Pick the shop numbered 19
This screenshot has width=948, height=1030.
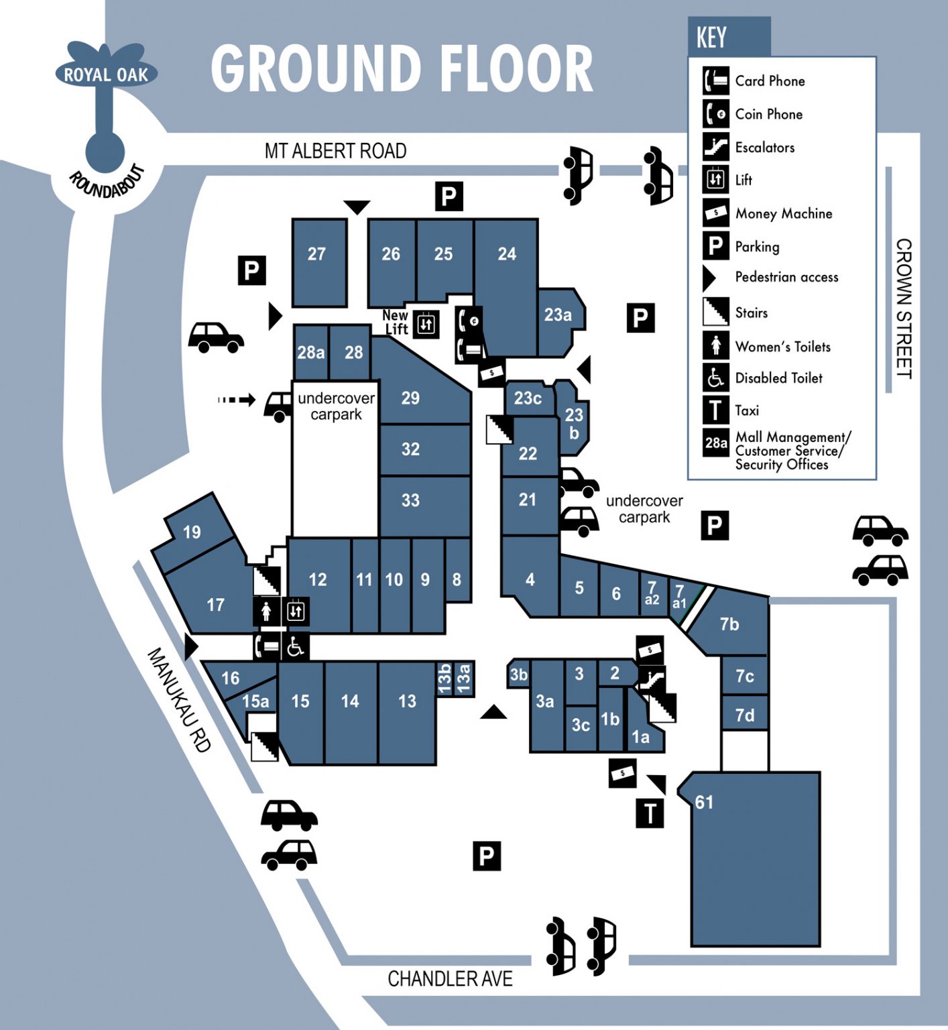click(x=193, y=532)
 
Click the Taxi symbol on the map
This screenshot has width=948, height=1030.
click(x=650, y=813)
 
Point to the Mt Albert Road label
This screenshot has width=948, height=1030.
click(x=335, y=151)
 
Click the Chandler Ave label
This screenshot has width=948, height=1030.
click(x=450, y=979)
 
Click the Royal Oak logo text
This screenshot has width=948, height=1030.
click(x=106, y=74)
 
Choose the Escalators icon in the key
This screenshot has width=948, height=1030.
click(x=715, y=146)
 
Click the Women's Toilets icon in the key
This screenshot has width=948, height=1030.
click(x=715, y=345)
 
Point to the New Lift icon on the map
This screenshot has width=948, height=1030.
click(x=426, y=325)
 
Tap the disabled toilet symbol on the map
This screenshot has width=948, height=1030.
click(x=296, y=647)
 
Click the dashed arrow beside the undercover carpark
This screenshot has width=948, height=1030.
click(x=237, y=400)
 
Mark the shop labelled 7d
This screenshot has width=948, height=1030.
click(x=744, y=716)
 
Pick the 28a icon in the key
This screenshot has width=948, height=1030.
click(x=715, y=443)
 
